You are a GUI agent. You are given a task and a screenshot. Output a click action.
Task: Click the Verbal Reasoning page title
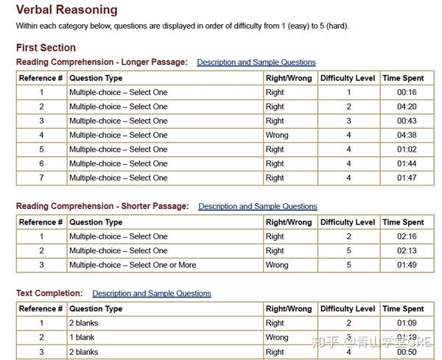pos(66,10)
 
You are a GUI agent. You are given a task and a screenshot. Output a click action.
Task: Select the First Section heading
pos(46,48)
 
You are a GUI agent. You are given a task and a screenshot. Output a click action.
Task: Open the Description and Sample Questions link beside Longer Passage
pos(256,63)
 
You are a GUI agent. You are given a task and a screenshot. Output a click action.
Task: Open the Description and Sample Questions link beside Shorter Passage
pos(257,207)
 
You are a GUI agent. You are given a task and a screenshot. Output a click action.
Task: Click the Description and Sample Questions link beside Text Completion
pos(152,294)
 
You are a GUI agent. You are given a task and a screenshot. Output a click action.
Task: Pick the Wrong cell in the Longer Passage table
pos(277,135)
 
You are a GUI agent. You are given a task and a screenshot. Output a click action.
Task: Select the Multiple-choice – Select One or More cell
pos(133,265)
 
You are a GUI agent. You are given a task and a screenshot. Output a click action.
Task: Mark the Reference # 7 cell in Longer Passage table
pos(41,178)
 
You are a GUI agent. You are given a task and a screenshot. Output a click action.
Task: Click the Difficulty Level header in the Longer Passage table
pos(348,78)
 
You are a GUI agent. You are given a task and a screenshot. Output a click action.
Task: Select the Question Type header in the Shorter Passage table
pos(96,222)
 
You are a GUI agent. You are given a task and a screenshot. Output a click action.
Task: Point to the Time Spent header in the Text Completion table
pos(403,309)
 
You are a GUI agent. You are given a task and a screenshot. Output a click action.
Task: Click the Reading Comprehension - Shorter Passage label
pos(102,207)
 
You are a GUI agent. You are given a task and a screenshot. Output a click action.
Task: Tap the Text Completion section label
pos(49,294)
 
